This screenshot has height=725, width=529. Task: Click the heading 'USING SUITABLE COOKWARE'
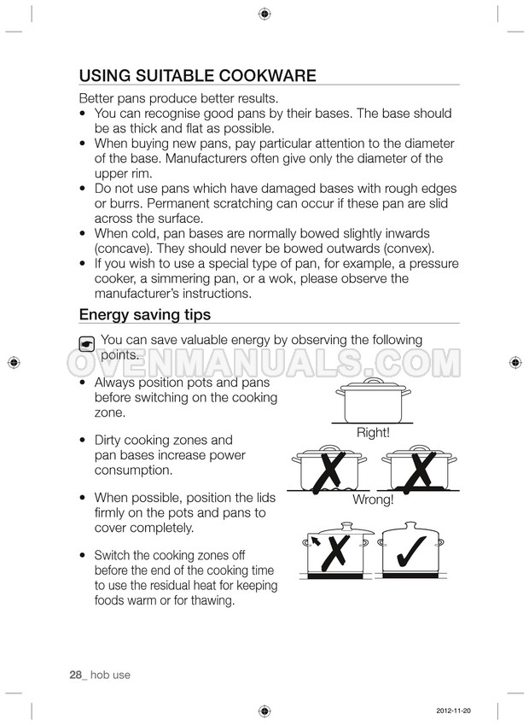tap(197, 75)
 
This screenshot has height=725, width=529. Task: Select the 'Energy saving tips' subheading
tap(144, 314)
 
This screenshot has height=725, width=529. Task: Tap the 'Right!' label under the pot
tap(373, 433)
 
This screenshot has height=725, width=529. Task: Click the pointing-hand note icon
tap(86, 343)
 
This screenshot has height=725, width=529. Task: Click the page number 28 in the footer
tap(75, 675)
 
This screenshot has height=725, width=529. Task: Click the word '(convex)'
tap(406, 248)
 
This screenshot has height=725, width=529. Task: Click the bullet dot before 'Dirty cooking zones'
tap(81, 441)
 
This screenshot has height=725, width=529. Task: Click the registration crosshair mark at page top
tap(264, 14)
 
